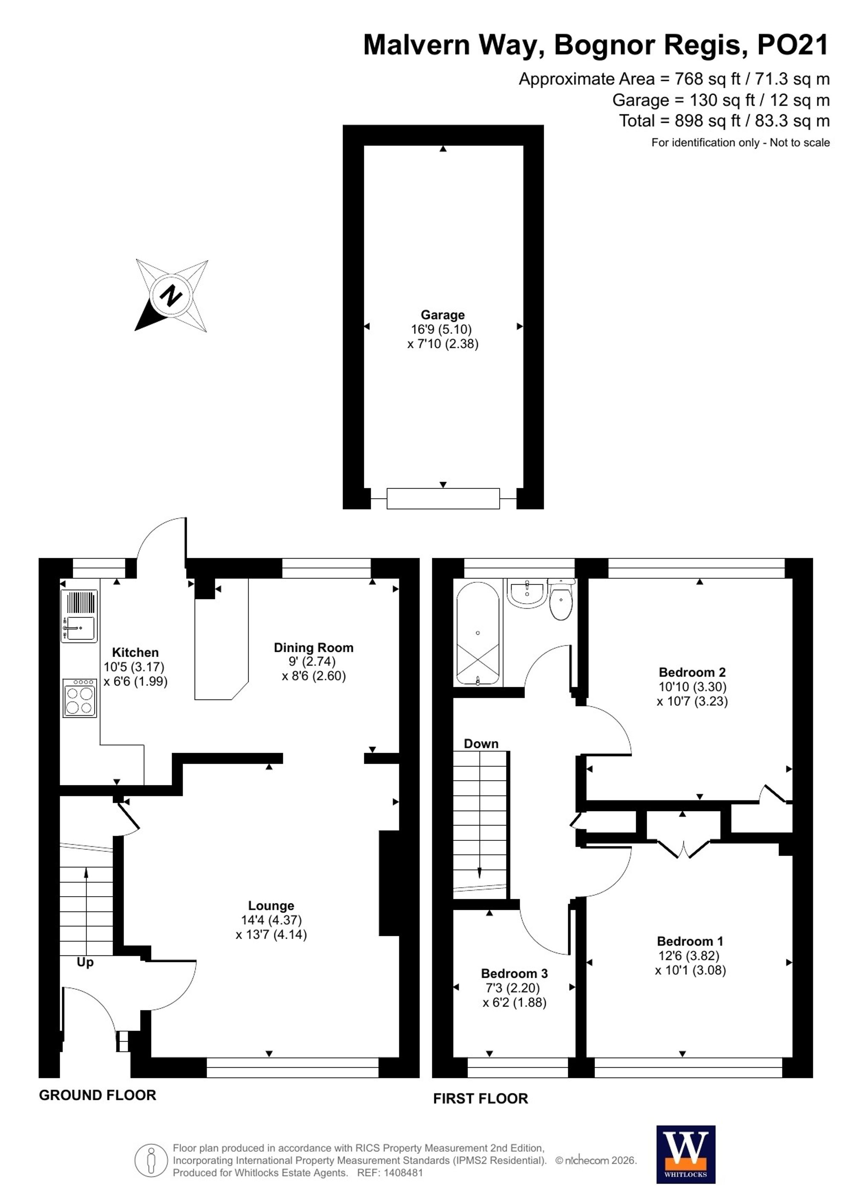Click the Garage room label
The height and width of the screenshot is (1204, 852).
(443, 315)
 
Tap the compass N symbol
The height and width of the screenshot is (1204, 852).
(171, 295)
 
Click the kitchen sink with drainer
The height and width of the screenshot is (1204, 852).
(79, 616)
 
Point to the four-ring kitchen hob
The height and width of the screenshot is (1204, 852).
(80, 698)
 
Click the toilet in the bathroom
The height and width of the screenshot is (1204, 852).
(561, 599)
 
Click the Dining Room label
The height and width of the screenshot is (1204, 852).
(314, 648)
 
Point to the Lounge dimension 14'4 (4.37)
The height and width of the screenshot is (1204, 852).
(271, 920)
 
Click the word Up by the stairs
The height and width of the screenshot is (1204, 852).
(85, 962)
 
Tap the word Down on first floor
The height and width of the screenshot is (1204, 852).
(481, 744)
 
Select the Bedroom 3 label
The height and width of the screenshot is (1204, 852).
(514, 973)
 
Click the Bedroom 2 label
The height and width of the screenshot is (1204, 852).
(693, 672)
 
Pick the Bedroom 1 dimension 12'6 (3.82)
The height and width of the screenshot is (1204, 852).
(689, 955)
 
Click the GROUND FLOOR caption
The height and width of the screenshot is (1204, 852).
(98, 1095)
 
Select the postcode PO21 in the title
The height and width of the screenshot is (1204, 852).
(793, 45)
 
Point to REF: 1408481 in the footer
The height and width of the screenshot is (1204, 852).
(390, 1172)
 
